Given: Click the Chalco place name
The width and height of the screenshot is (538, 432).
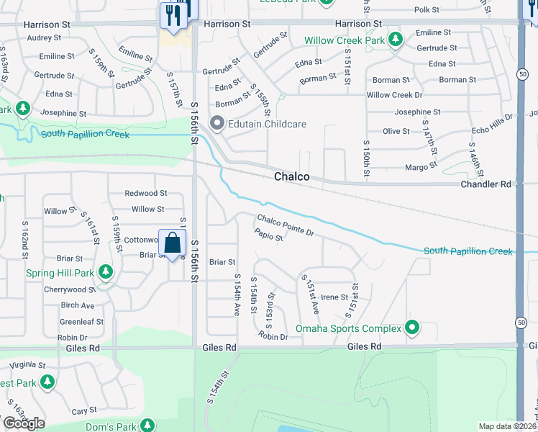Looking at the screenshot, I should click(291, 176).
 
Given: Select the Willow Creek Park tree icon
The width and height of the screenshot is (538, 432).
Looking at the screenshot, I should click(394, 40).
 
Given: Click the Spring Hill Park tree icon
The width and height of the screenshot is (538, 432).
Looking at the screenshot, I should click(106, 273).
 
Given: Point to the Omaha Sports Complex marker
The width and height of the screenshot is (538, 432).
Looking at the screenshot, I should click(412, 328).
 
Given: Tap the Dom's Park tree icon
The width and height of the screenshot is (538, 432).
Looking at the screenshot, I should click(147, 426).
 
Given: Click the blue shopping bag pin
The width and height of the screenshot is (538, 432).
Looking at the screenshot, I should click(173, 243).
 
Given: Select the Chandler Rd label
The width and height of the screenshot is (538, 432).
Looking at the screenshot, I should click(485, 184).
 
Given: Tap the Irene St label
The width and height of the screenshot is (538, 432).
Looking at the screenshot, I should click(334, 297).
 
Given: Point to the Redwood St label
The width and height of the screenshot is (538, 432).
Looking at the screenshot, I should click(145, 193).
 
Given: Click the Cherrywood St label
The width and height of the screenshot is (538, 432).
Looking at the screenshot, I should click(69, 289).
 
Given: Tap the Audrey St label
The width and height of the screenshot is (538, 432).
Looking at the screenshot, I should click(44, 37).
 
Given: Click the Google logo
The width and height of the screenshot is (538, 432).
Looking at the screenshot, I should click(23, 423).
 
